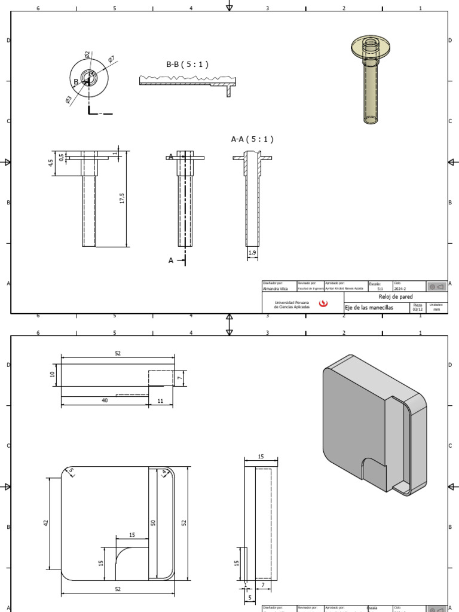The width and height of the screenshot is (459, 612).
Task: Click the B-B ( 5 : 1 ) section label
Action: point(187,65)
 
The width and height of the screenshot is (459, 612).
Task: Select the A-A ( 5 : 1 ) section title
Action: point(252,139)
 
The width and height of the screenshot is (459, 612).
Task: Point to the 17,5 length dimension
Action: point(122,198)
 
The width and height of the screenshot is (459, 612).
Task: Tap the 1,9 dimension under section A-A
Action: point(252,253)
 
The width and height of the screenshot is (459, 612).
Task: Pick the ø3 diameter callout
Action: point(69,100)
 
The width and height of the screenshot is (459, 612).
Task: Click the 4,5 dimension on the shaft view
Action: point(51,161)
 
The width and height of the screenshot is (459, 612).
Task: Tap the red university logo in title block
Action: point(323,304)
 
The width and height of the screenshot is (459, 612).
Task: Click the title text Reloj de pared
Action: point(396,296)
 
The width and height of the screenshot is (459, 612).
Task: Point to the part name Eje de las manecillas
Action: point(369,307)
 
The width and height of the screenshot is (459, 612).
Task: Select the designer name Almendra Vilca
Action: point(276,288)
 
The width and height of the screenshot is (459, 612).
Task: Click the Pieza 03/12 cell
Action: point(417,307)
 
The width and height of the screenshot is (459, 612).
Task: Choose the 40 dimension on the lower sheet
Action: point(105,400)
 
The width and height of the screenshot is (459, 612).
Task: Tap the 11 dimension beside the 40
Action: point(160,400)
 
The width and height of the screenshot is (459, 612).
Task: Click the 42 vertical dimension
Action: point(46,522)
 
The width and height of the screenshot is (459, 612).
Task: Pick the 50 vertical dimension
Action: point(153,522)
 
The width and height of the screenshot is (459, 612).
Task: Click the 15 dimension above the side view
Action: point(261,457)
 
